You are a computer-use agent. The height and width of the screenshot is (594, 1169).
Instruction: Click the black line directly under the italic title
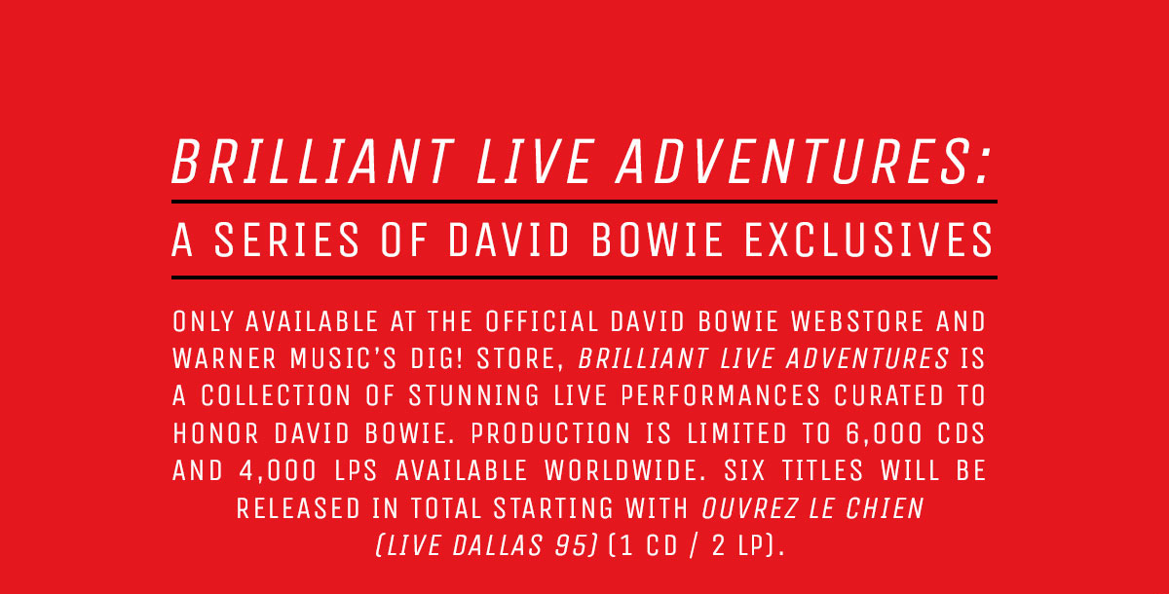(584, 202)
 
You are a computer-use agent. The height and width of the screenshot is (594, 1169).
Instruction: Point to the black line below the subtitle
(584, 278)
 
